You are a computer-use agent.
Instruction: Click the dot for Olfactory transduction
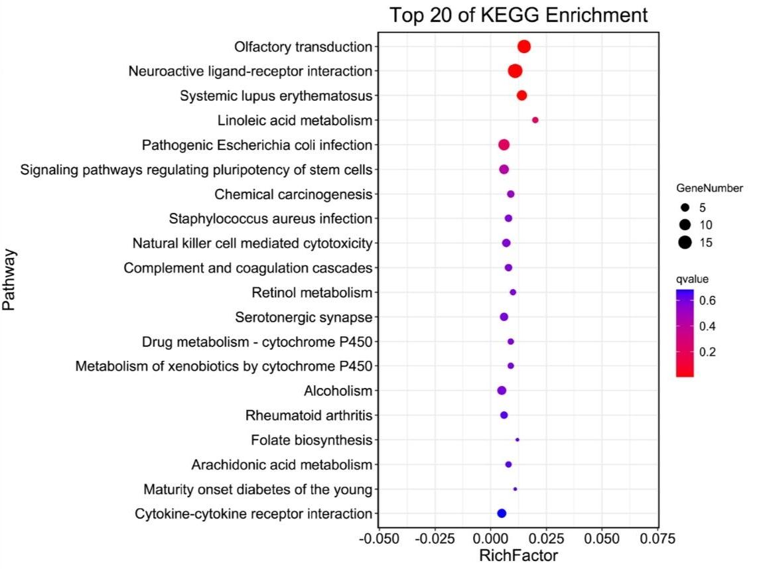pos(524,46)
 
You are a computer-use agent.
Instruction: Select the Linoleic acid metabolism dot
pos(535,120)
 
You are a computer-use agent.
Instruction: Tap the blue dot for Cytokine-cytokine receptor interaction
pos(502,513)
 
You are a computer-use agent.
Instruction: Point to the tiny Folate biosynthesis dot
pos(517,440)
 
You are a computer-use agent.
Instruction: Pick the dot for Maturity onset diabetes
pos(516,489)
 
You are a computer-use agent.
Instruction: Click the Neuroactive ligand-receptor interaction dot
pos(515,71)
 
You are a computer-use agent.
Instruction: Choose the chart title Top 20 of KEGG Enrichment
pos(518,15)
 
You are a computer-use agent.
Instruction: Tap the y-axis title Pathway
pos(9,280)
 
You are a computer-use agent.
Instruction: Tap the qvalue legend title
pos(692,279)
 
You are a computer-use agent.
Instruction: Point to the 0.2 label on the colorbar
pos(707,351)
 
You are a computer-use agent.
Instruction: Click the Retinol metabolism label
pos(312,292)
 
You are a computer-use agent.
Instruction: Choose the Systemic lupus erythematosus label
pos(276,96)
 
